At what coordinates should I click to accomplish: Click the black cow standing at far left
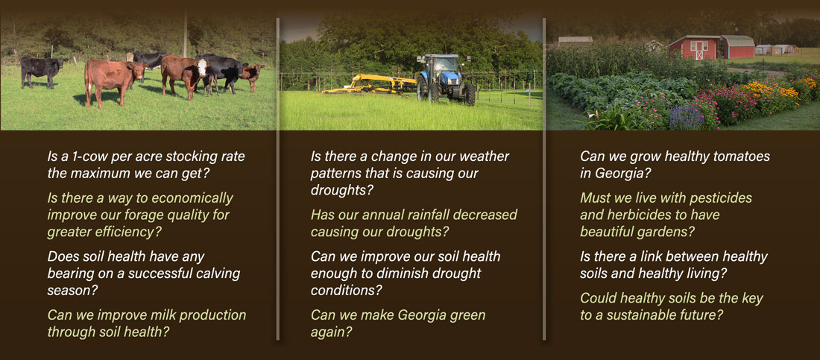(x=42, y=71)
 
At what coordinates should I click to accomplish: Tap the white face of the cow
(x=202, y=68)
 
